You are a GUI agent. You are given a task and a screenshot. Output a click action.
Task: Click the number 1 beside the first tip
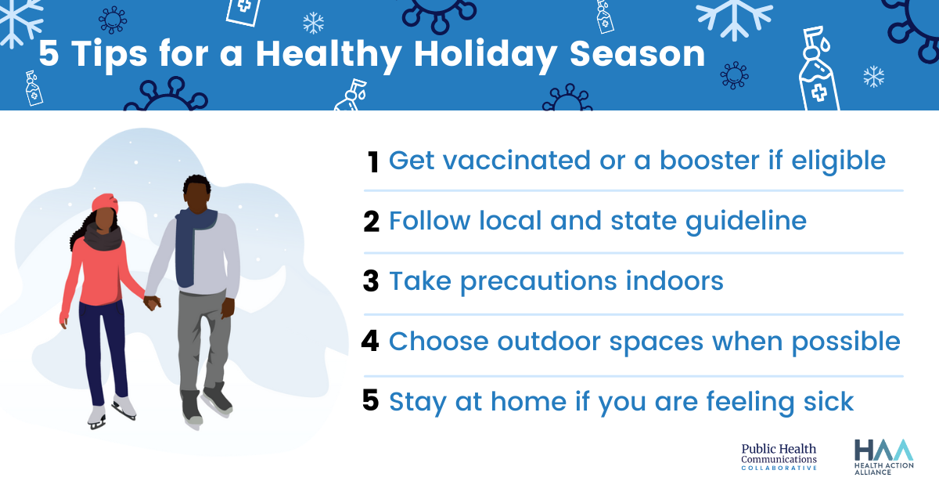(373, 161)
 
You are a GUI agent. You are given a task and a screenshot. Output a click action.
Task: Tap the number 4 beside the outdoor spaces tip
(371, 341)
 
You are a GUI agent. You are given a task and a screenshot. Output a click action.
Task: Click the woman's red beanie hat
(104, 202)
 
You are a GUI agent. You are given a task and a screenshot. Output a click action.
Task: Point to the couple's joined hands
(152, 302)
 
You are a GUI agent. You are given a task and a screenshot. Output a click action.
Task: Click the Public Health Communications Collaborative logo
(779, 457)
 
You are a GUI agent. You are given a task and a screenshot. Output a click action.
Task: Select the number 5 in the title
(49, 54)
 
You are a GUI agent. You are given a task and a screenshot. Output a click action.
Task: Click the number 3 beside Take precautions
(371, 281)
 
